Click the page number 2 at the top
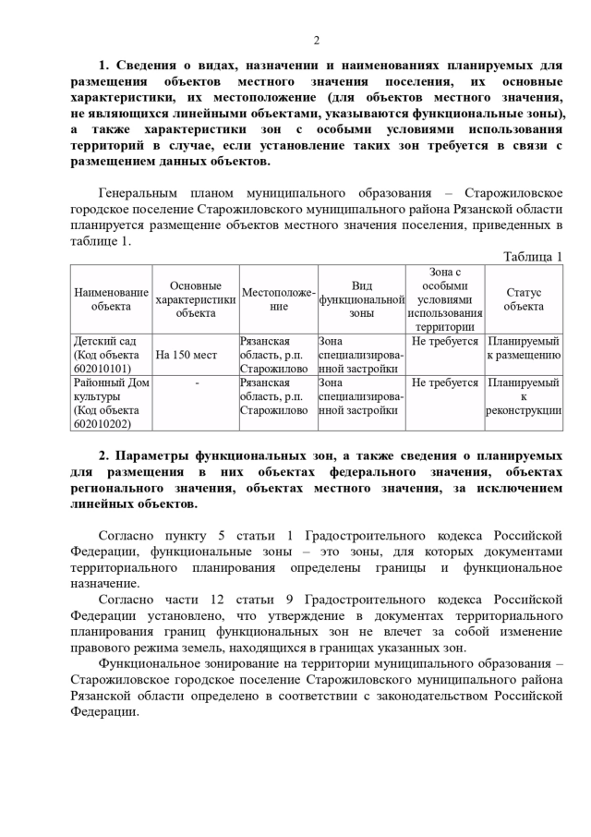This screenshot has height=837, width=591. click(x=316, y=40)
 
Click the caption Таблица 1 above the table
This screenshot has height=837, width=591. click(x=532, y=256)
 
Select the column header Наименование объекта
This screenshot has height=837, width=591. click(x=111, y=298)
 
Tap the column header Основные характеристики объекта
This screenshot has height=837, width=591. click(x=196, y=298)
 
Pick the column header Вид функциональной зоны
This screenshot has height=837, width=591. click(x=362, y=299)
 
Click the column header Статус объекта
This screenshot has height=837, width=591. click(x=524, y=298)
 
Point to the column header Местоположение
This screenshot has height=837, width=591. click(x=279, y=298)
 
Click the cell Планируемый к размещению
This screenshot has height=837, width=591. click(x=524, y=347)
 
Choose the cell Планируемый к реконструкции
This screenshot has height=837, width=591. click(x=524, y=396)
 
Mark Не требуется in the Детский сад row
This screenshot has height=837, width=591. click(x=445, y=341)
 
